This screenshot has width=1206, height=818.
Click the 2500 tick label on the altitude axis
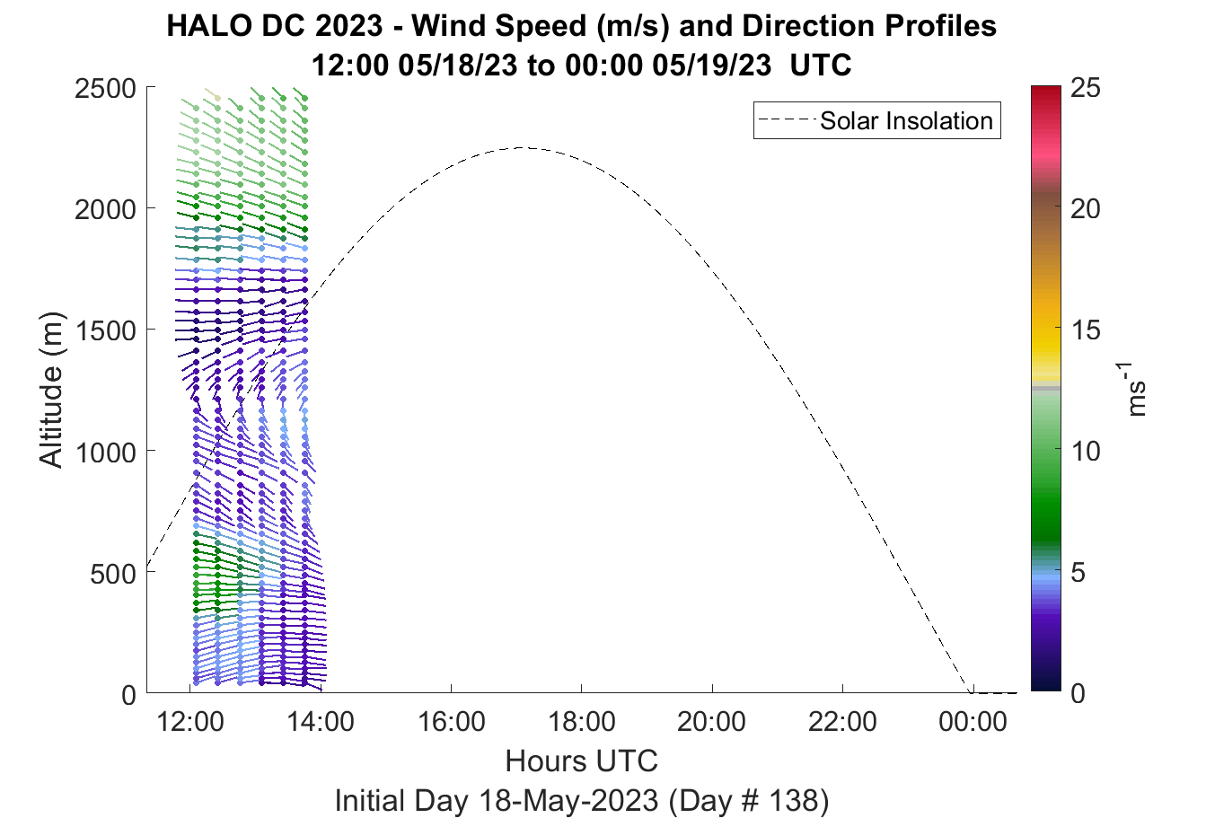(x=105, y=89)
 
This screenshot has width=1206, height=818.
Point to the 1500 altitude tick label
(x=105, y=330)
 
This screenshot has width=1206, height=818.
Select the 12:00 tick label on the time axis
(x=190, y=722)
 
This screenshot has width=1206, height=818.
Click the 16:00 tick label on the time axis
(x=451, y=722)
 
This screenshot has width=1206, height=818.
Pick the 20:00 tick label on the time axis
(x=712, y=722)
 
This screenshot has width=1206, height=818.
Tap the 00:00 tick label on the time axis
(x=973, y=722)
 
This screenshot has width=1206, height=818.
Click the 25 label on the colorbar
(x=1086, y=87)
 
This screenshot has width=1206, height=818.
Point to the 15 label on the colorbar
(x=1086, y=330)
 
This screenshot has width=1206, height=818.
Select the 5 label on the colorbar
(x=1078, y=573)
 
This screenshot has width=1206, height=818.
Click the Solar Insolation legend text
(x=906, y=120)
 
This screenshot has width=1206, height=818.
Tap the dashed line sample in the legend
(x=787, y=120)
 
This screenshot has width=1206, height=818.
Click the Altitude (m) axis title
(x=51, y=390)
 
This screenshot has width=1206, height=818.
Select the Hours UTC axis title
(x=582, y=761)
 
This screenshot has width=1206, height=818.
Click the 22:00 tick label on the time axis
(x=842, y=722)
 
